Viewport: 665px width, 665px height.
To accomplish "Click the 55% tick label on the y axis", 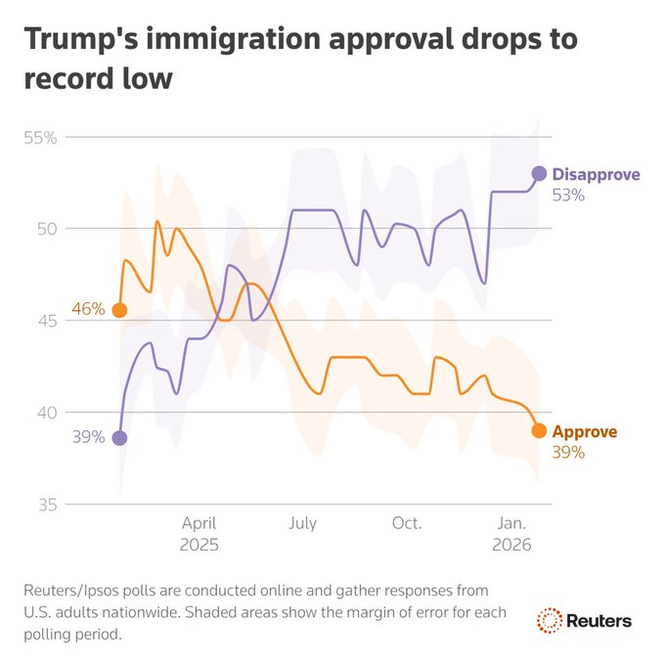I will (x=40, y=137).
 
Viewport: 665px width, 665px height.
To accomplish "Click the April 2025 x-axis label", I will (x=199, y=533).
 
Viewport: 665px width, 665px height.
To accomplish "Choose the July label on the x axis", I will (x=302, y=523).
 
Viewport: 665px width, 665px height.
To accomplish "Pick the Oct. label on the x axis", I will (x=406, y=523).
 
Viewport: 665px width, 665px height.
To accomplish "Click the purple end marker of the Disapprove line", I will (x=539, y=173).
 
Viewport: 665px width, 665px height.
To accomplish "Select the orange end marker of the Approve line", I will (x=539, y=430).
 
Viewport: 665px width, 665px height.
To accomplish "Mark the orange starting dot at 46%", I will (x=119, y=310).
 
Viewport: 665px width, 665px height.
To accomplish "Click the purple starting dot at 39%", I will (x=119, y=438).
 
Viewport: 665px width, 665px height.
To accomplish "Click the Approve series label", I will (x=585, y=431).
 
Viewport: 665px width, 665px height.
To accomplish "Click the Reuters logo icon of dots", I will (x=550, y=620).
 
